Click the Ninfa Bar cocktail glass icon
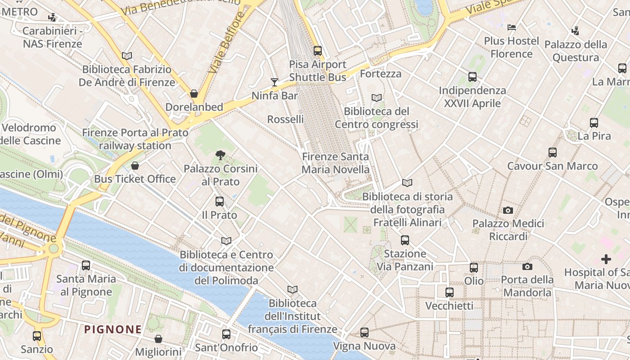pos(274,82)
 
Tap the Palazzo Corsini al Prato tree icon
pos(220,155)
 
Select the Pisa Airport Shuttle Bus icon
pos(318,51)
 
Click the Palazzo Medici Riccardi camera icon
pos(508,210)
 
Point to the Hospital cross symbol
pos(606,259)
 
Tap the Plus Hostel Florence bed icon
pos(512,27)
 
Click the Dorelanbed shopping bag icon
pos(194,94)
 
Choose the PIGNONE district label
pos(113,329)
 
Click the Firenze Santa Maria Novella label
pos(335,163)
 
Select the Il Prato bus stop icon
pos(220,202)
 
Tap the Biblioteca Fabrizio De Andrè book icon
pos(127,56)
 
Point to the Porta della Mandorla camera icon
pos(527,266)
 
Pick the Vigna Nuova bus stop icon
pos(364,333)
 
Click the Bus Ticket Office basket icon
pos(135,166)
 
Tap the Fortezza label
pos(381,74)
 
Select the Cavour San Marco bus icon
pos(553,153)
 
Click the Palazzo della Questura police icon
pos(575,31)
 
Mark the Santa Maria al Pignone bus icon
pos(86,265)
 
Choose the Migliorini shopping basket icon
pos(158,339)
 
